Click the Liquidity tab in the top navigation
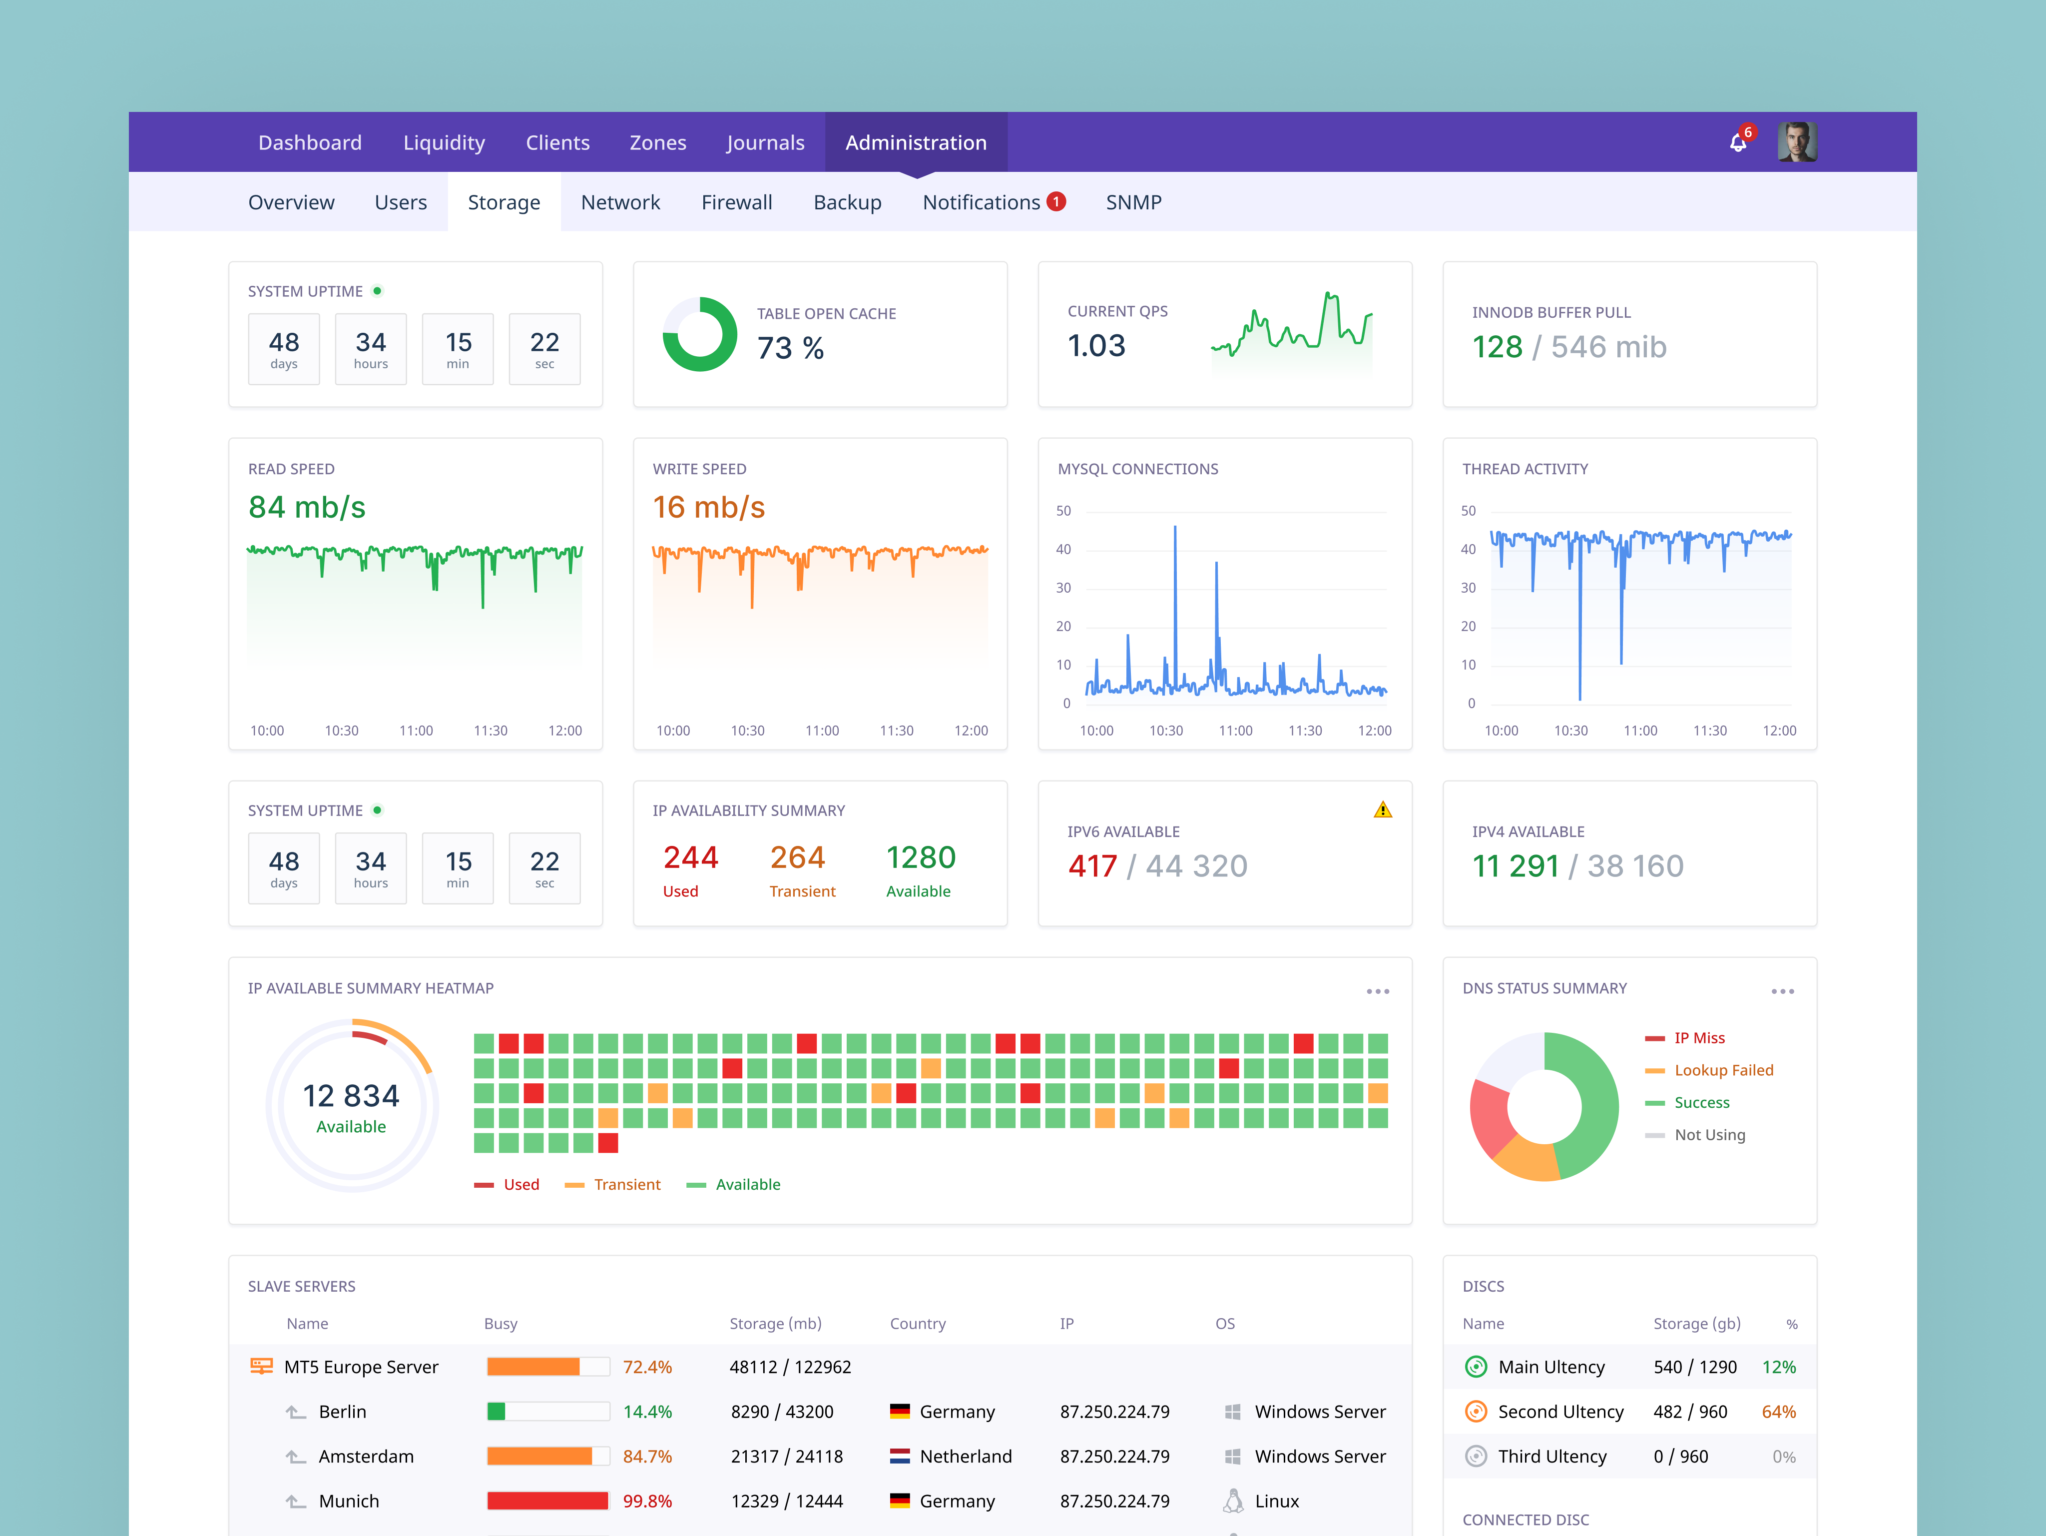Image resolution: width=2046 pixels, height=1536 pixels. [x=444, y=142]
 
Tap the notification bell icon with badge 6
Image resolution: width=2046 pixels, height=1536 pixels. [x=1738, y=142]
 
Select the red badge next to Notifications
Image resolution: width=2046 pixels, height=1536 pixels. [x=1056, y=201]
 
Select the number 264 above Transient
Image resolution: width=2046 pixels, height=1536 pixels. [x=797, y=858]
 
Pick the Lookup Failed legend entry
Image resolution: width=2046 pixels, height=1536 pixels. [x=1723, y=1071]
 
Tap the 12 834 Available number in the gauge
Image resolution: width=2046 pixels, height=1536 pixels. [x=352, y=1096]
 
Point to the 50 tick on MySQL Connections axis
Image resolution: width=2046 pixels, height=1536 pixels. [x=1063, y=511]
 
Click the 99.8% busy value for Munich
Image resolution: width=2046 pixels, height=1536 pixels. [x=647, y=1501]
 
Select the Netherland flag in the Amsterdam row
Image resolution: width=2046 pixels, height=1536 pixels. [x=899, y=1457]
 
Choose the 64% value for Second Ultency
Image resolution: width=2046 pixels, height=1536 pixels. [x=1778, y=1412]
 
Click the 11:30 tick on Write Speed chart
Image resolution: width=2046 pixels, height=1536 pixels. [x=896, y=731]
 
